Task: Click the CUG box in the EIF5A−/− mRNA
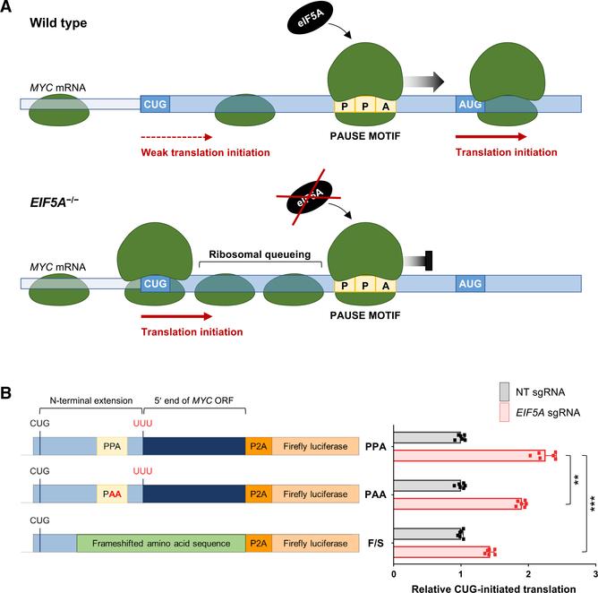click(156, 283)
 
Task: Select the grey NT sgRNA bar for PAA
click(427, 486)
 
